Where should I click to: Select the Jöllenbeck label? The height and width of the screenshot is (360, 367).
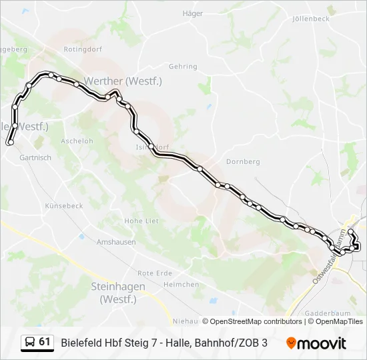(311, 19)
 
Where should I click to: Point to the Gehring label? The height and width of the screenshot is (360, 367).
(183, 67)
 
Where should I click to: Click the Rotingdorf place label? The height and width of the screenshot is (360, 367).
(82, 49)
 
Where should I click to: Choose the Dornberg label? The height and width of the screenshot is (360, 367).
(243, 161)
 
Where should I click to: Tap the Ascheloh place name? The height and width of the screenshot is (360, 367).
(77, 141)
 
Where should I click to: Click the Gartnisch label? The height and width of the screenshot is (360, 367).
(35, 158)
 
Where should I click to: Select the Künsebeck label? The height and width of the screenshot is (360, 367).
(63, 206)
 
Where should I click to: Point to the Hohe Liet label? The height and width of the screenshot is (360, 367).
(141, 220)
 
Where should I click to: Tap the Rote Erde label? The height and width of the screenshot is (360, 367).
(154, 273)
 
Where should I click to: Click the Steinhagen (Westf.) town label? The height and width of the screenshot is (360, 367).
(117, 292)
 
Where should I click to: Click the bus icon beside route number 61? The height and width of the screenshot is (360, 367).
(30, 343)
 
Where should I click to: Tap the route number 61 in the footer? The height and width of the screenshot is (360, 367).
(45, 342)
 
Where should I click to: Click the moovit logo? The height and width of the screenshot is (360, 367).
(316, 343)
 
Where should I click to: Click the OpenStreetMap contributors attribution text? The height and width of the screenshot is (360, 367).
(252, 321)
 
